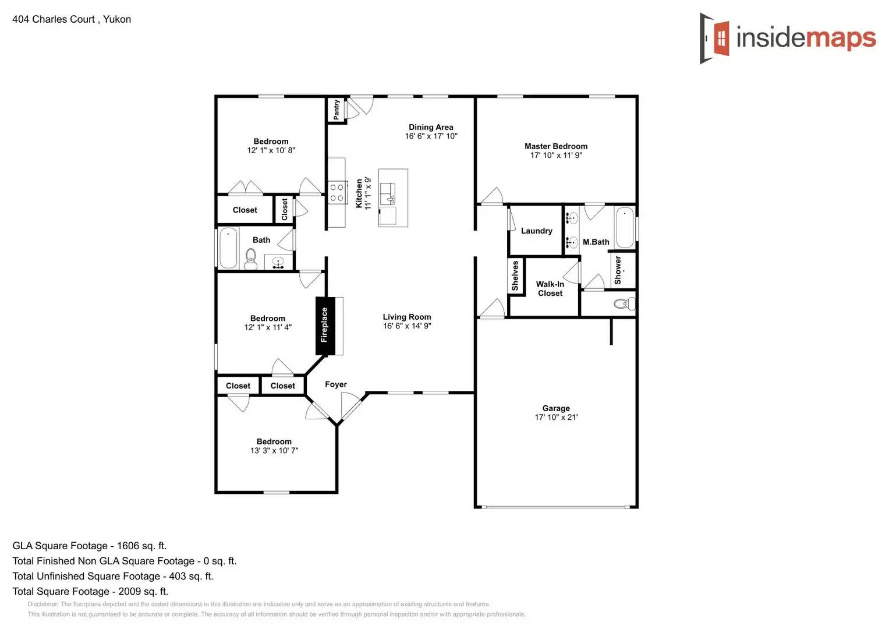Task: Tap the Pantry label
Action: (x=337, y=109)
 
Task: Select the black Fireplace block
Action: (x=325, y=326)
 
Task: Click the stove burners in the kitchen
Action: (x=337, y=193)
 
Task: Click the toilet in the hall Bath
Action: (x=251, y=258)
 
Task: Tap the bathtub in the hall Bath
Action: (x=228, y=248)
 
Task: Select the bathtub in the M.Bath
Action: (x=625, y=227)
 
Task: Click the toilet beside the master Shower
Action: (x=624, y=303)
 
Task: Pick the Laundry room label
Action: (x=536, y=231)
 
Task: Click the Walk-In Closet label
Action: (x=550, y=289)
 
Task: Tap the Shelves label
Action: (x=515, y=275)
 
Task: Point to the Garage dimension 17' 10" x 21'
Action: (x=556, y=418)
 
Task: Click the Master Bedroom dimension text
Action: (x=556, y=156)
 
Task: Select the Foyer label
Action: (x=335, y=384)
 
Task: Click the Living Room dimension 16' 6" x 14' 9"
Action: (x=407, y=326)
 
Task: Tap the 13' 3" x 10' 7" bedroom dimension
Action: (x=274, y=451)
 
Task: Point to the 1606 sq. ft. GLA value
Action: (x=141, y=546)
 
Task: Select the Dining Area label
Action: (x=431, y=127)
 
